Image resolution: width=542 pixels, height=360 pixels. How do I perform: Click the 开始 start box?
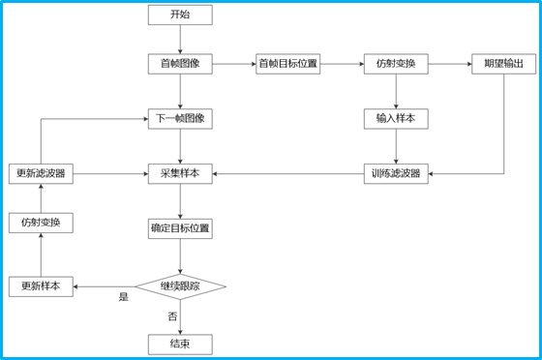click(180, 15)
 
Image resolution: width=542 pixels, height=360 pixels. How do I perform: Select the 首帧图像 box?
click(180, 64)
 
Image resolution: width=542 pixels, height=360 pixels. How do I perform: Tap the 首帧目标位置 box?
click(287, 64)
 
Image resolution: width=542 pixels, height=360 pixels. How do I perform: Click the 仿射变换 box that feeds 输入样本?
click(396, 64)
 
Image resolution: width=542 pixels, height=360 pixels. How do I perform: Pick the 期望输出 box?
click(503, 64)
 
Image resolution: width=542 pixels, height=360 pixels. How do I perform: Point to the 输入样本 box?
click(396, 119)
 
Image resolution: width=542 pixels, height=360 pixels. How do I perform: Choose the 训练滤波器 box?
click(396, 174)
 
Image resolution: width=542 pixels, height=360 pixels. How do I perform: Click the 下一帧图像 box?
click(180, 119)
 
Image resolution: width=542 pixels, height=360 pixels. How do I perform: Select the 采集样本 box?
click(180, 174)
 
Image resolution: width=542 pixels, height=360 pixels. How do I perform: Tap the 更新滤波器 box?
click(41, 174)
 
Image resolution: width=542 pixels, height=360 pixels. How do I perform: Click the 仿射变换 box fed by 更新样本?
click(41, 223)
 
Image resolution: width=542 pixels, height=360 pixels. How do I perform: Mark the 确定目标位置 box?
click(180, 228)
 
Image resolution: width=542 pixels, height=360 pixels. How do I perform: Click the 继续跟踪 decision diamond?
click(180, 286)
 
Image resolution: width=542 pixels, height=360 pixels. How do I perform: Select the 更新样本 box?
click(41, 286)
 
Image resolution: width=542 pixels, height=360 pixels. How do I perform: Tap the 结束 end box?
click(180, 344)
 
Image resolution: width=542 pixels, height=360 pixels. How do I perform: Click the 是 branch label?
click(123, 297)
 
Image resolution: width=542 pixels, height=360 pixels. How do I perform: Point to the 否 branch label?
click(172, 316)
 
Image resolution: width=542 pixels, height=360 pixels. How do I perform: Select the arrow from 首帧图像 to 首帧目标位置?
click(234, 64)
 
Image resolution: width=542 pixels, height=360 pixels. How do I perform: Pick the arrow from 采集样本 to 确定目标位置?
click(180, 201)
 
